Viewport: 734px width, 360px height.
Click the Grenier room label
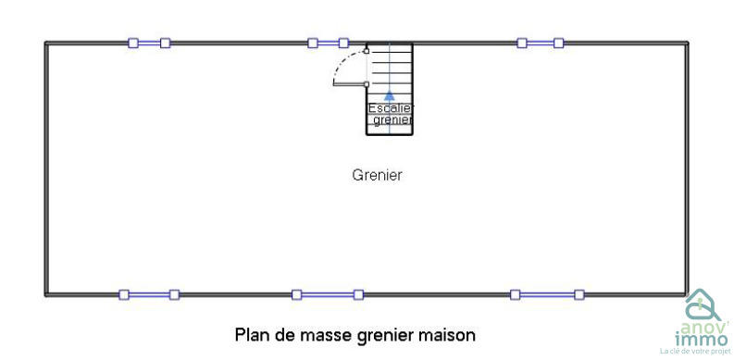(x=377, y=175)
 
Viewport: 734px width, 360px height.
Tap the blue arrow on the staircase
(x=390, y=93)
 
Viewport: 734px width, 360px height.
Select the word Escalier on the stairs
(x=390, y=108)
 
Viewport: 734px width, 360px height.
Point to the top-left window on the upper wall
(x=149, y=43)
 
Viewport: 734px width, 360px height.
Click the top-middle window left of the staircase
(x=328, y=43)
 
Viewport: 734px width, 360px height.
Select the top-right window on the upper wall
(x=540, y=43)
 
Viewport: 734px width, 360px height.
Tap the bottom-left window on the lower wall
(x=148, y=295)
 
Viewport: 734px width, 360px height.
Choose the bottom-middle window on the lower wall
(x=327, y=295)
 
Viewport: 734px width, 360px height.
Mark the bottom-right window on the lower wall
(x=546, y=295)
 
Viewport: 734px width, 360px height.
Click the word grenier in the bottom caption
(x=384, y=333)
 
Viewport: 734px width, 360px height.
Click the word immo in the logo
(x=703, y=340)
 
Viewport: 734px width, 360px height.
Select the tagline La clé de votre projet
(x=695, y=352)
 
